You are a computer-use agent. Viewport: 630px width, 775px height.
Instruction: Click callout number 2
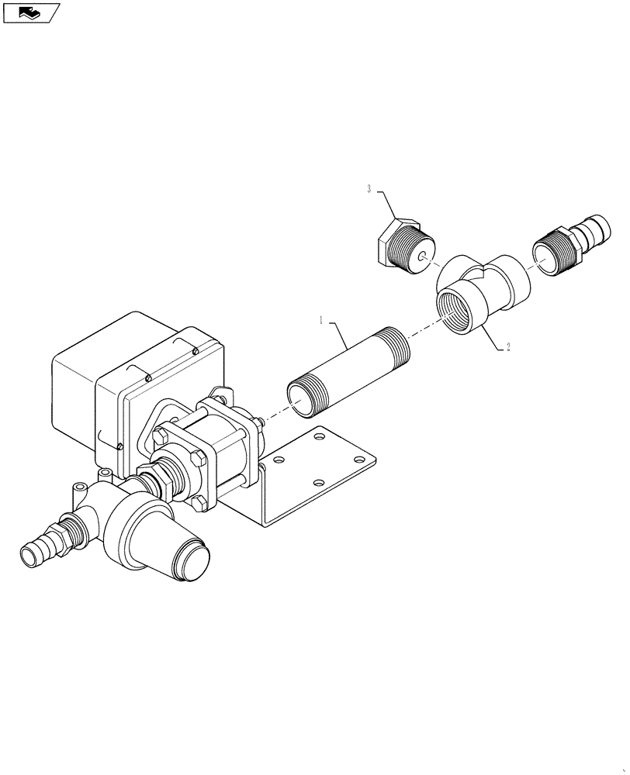pyautogui.click(x=508, y=347)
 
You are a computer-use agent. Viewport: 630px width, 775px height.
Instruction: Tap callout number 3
pyautogui.click(x=370, y=188)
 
